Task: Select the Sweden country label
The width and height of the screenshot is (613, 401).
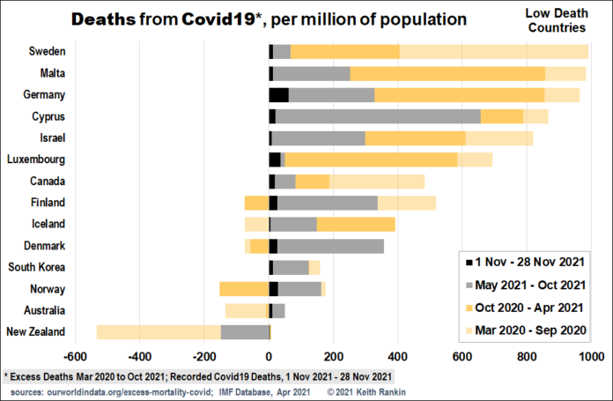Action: tap(47, 52)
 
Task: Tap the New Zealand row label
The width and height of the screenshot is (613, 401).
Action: tap(36, 332)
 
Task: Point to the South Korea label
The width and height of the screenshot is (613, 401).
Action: tap(36, 267)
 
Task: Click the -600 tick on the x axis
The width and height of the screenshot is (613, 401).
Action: tap(75, 357)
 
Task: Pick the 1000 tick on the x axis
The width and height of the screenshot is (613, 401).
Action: tap(589, 357)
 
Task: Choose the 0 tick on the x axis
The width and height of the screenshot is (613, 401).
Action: tap(270, 357)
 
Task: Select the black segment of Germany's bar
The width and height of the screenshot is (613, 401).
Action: tap(279, 95)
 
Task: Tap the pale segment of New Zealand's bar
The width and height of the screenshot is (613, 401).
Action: tap(159, 332)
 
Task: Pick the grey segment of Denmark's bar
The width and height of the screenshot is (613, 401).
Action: tap(330, 246)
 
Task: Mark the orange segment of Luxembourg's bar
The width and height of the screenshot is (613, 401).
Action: tap(371, 160)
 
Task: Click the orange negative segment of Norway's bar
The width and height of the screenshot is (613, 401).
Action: tap(244, 289)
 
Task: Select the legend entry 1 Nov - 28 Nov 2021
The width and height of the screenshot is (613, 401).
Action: tap(528, 263)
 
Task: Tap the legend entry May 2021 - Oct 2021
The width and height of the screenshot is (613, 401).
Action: tap(528, 285)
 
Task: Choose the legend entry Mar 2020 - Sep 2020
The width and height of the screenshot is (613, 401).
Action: tap(528, 329)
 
